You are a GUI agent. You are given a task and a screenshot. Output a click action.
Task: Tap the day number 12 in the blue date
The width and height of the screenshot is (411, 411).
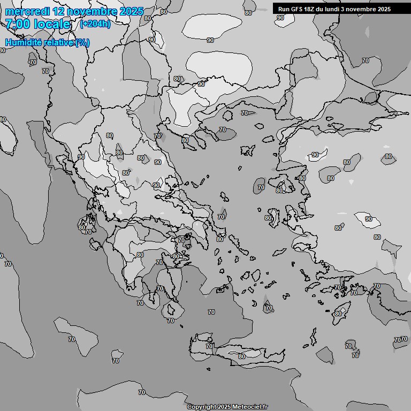(60, 11)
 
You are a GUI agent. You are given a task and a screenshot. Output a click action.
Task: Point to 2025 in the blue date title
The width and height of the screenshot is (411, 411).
(132, 11)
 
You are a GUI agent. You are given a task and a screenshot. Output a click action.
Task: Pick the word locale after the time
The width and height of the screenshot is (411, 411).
(52, 24)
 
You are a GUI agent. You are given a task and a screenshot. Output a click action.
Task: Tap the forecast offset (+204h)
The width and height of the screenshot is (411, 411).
(95, 24)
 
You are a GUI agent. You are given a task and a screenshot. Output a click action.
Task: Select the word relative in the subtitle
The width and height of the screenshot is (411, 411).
(59, 42)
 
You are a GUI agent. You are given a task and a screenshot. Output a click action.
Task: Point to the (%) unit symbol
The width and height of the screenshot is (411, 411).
(82, 42)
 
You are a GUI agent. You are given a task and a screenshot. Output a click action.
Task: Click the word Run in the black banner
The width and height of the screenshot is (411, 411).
(284, 9)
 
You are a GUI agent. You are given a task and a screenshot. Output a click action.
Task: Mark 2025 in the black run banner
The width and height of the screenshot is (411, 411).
(384, 9)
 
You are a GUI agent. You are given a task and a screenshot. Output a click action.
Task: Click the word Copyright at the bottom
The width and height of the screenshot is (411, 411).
(202, 407)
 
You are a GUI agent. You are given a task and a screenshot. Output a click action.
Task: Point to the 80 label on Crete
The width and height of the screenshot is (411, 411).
(242, 356)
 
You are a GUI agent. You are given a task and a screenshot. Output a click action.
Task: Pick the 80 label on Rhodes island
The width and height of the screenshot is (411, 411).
(338, 314)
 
